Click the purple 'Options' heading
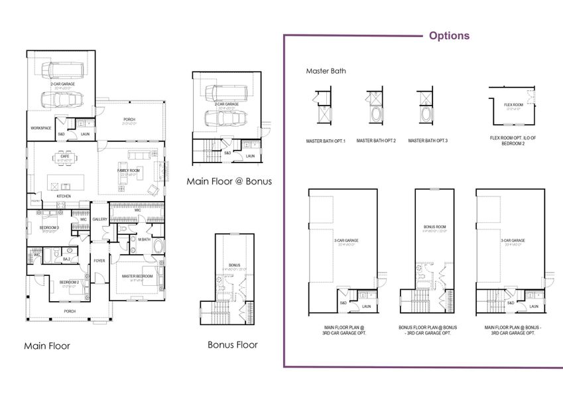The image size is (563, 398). (x=449, y=36)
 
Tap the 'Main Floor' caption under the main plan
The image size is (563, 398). (x=46, y=346)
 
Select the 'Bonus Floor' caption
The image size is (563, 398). (x=233, y=344)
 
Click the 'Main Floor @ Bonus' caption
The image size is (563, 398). (x=229, y=181)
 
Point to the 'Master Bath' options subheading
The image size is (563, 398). (x=326, y=71)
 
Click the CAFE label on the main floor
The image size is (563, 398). (x=64, y=156)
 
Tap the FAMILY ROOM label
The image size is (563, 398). (x=129, y=170)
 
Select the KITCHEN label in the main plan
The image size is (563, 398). (x=64, y=196)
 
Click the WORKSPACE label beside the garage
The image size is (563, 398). (x=40, y=127)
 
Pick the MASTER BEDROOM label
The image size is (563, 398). (x=137, y=275)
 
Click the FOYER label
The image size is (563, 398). (x=99, y=261)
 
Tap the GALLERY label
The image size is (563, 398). (x=100, y=219)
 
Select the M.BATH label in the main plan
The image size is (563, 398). (x=144, y=239)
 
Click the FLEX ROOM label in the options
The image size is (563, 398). (x=513, y=105)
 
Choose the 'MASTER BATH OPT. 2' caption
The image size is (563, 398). (x=376, y=141)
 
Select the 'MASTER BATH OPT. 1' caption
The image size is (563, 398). (x=325, y=141)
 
